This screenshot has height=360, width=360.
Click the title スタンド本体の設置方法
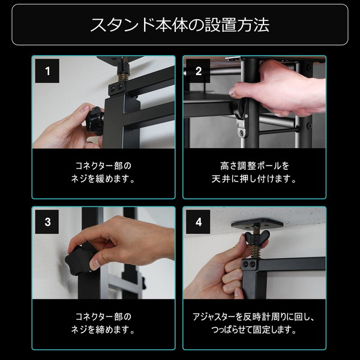click(180, 25)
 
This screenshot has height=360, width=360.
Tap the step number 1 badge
click(47, 71)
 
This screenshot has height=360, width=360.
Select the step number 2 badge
click(198, 71)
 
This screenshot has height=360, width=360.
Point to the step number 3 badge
click(47, 222)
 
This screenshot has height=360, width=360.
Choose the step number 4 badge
click(198, 222)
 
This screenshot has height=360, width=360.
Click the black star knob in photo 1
click(95, 121)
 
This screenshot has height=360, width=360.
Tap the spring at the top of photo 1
click(122, 76)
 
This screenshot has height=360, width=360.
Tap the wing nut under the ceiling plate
click(257, 236)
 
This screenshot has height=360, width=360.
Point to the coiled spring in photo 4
click(256, 251)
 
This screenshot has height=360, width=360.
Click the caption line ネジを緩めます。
click(103, 179)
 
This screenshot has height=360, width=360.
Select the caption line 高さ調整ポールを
click(254, 166)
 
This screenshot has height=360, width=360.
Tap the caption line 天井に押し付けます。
click(254, 179)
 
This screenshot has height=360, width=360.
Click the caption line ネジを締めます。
click(103, 330)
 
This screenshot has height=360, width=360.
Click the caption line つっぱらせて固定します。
click(254, 330)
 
